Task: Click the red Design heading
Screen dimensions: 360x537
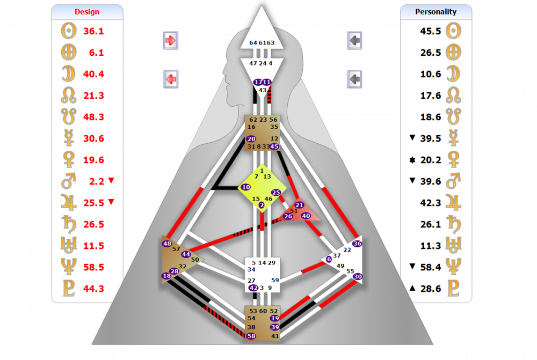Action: tap(86, 12)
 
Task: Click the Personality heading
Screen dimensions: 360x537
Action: tap(436, 11)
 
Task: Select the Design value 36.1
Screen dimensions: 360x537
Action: tap(94, 31)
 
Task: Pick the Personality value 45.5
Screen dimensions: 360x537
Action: tap(431, 31)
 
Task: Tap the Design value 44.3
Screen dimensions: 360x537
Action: tap(94, 289)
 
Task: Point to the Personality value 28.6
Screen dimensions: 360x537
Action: tap(431, 289)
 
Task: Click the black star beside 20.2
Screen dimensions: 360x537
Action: tap(412, 160)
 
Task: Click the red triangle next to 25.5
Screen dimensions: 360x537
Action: tap(111, 202)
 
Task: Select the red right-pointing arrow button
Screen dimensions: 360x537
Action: tap(171, 40)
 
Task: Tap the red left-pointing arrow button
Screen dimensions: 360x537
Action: tap(171, 79)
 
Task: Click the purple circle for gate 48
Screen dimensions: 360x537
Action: tap(167, 244)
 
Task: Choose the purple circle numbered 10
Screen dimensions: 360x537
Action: tap(246, 187)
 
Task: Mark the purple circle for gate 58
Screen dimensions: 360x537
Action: tap(251, 336)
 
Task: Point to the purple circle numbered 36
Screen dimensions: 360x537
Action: tap(358, 244)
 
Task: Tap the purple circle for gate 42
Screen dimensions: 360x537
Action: tap(253, 288)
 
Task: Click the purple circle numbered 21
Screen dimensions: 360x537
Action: tap(300, 205)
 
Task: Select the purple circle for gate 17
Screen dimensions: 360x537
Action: tap(258, 83)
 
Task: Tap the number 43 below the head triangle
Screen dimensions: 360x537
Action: tap(263, 90)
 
